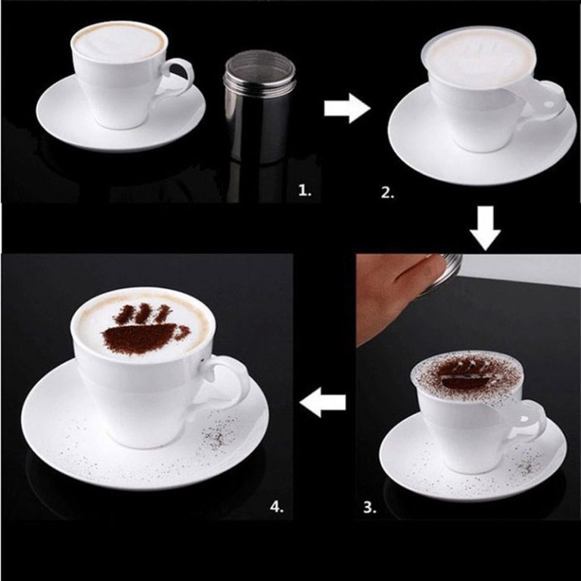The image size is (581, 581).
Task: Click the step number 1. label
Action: coord(304,191)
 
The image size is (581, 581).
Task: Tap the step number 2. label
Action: coord(387,192)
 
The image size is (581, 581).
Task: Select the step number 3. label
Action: coord(369,508)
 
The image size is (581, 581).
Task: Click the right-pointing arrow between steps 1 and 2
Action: coord(346,108)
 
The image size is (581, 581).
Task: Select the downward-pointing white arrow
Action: coord(485,230)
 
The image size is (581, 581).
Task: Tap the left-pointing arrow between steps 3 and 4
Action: coord(323,405)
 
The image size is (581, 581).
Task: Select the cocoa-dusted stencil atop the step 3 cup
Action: coord(465,372)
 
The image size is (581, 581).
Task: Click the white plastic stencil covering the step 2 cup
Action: coord(484,57)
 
